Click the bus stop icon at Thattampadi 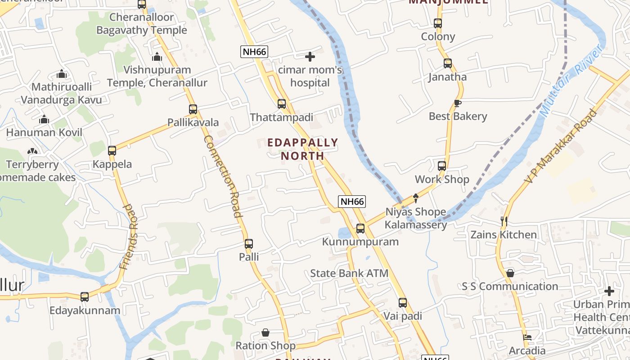pos(282,104)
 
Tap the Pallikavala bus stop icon pos(193,109)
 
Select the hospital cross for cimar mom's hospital pos(310,57)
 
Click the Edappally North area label pos(302,149)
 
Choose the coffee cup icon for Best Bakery pos(458,103)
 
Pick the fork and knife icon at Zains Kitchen pos(504,221)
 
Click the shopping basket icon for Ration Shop pos(265,333)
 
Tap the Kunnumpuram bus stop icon pos(360,229)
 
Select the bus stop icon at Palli pos(249,244)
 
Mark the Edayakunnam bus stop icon pos(85,297)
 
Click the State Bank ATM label pos(349,273)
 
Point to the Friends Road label pos(129,237)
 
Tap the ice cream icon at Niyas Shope pos(416,198)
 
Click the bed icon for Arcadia pos(527,337)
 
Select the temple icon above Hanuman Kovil pos(44,119)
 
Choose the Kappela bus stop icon pos(112,151)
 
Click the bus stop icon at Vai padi pos(403,303)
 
